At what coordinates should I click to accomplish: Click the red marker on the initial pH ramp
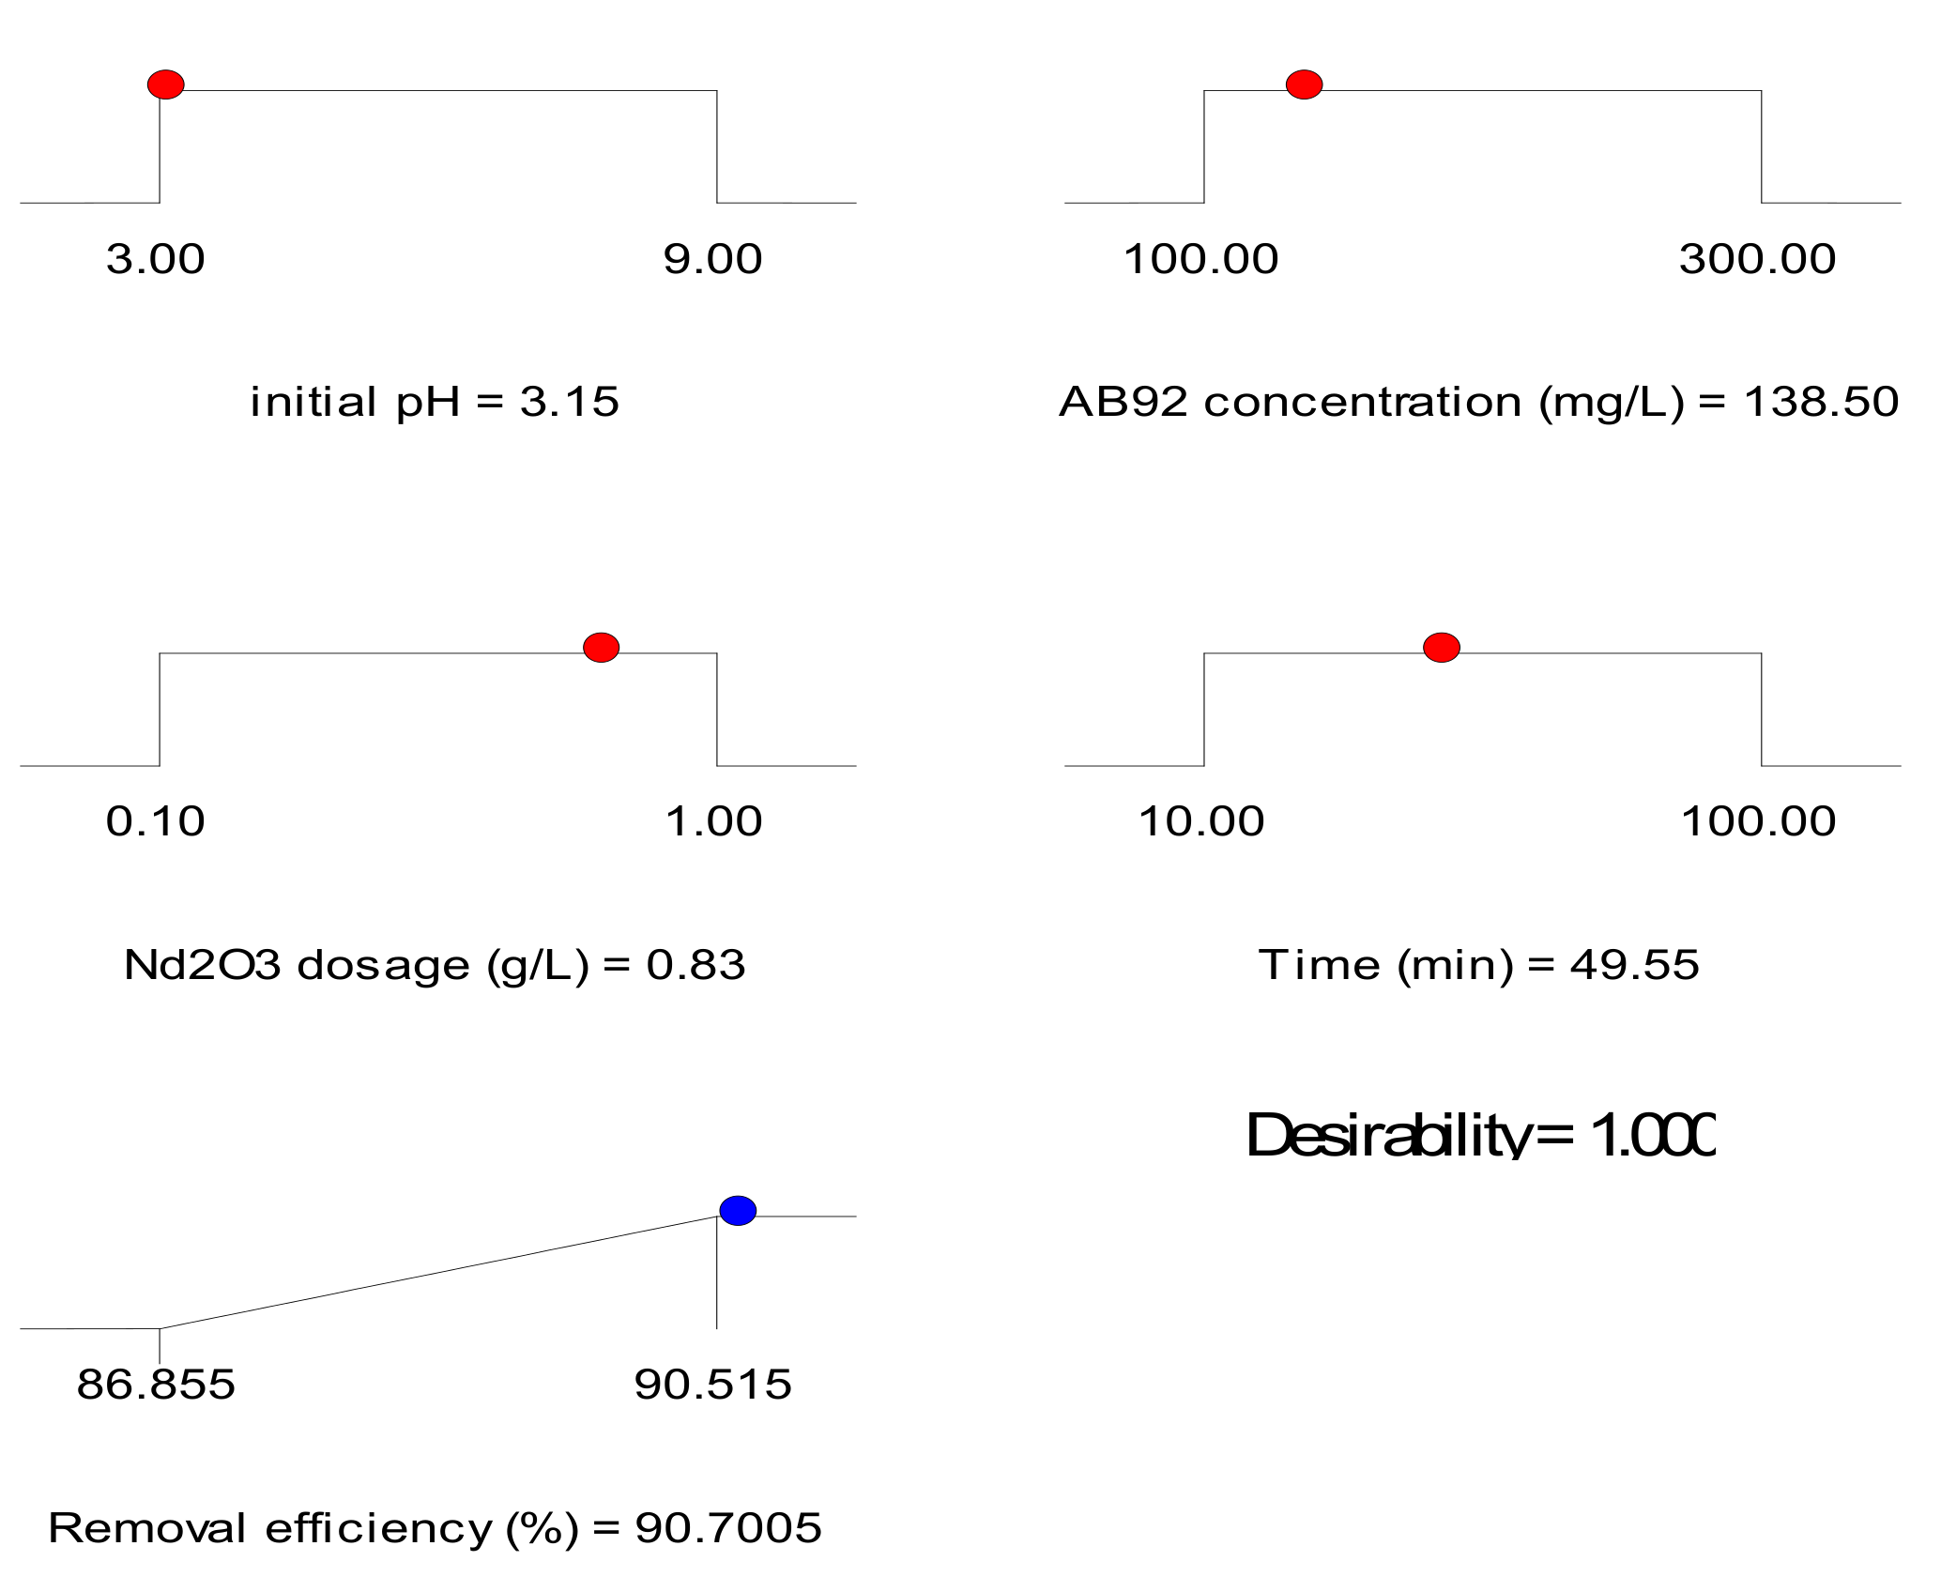tap(166, 84)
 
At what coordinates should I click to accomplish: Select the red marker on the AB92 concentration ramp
tap(1304, 84)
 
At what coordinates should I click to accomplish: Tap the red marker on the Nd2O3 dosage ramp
tap(601, 647)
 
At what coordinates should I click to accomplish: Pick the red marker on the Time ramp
tap(1441, 647)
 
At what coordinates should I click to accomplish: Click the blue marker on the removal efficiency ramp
tap(738, 1210)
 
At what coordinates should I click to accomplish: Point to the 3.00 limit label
tap(155, 259)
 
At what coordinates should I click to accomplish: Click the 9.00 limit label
tap(712, 259)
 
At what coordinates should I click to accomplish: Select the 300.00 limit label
tap(1757, 259)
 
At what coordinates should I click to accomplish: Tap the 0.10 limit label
tap(155, 821)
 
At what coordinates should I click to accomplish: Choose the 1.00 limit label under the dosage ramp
tap(713, 821)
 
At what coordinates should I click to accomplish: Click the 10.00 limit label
tap(1201, 821)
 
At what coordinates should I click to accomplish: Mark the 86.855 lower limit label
tap(156, 1385)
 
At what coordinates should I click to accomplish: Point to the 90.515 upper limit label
tap(712, 1385)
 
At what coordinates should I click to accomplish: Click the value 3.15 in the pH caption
tap(570, 402)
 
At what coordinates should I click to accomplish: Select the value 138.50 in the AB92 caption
tap(1821, 402)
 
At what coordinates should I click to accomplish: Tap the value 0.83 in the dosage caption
tap(695, 965)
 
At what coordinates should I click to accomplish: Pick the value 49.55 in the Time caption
tap(1634, 965)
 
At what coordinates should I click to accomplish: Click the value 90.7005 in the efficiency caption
tap(728, 1528)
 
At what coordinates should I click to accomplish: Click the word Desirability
tap(1387, 1136)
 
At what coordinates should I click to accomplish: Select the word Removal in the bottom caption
tap(147, 1528)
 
